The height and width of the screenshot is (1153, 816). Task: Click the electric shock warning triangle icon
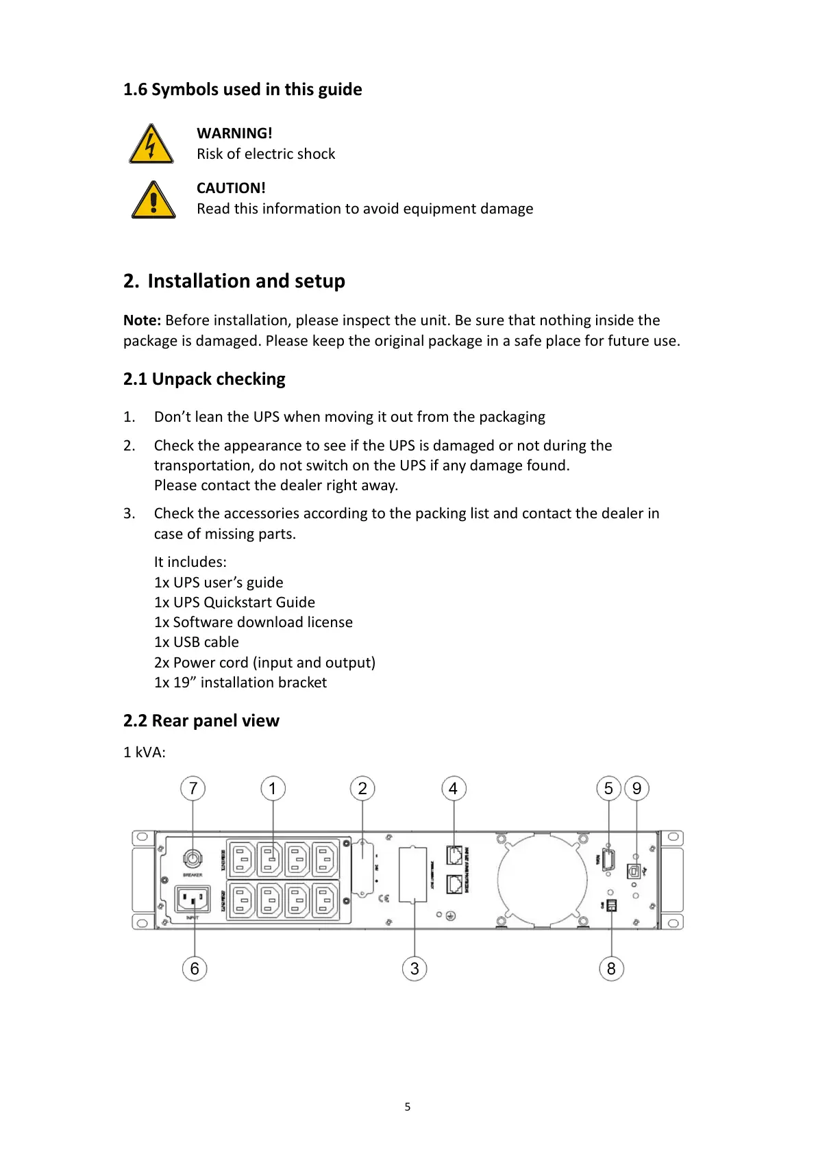point(151,145)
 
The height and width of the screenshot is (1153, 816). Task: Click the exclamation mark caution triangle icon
point(153,201)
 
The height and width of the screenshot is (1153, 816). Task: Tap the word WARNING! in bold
point(234,133)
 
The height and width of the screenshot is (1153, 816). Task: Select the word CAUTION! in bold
point(231,188)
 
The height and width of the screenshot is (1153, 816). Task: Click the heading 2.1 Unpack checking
point(204,379)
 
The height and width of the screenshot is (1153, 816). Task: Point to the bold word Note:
point(142,320)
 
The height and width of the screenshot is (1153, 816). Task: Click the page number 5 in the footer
point(408,1106)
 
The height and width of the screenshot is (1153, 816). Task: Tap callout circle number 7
point(193,789)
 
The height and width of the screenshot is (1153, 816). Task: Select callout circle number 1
point(273,789)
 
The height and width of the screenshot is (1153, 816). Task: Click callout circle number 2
point(362,789)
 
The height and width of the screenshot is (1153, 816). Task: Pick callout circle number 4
point(453,789)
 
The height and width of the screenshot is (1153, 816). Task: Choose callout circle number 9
point(636,789)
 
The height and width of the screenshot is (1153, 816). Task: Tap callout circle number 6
point(195,969)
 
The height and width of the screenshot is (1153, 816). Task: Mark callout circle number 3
point(415,969)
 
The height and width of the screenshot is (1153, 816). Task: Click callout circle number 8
point(611,969)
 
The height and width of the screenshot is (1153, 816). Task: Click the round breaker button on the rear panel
point(193,859)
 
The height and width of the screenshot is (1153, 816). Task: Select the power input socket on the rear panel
point(193,898)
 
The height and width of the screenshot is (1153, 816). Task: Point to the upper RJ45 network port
point(454,855)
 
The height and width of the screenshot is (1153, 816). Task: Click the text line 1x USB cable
point(197,642)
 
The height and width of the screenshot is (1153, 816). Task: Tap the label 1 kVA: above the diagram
point(145,752)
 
